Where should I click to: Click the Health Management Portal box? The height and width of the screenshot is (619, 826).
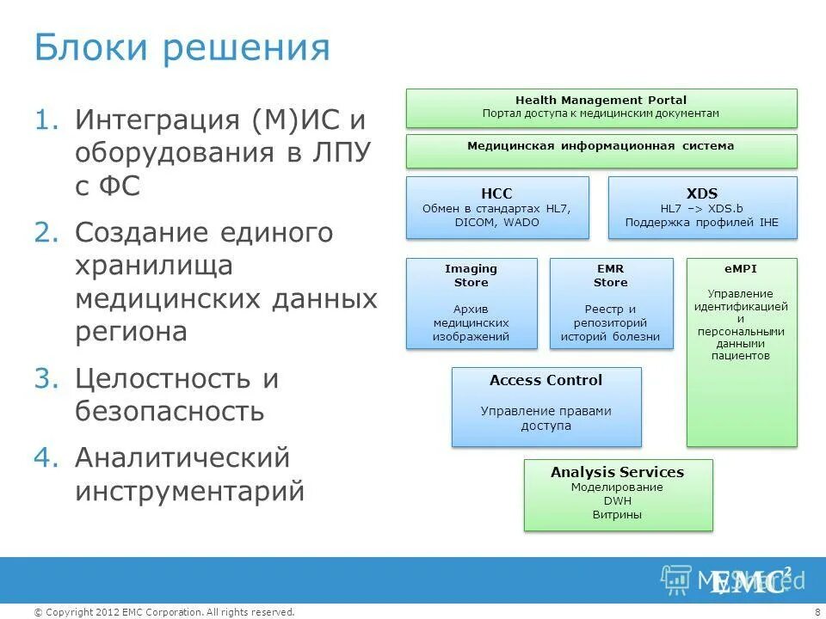pos(601,107)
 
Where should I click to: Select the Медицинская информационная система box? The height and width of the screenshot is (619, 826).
pos(601,150)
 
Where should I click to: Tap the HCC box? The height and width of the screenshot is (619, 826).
pos(497,207)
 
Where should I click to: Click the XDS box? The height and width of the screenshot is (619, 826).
pos(702,207)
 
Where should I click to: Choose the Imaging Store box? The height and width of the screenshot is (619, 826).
pos(471,303)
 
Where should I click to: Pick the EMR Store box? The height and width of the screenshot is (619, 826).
pos(611,303)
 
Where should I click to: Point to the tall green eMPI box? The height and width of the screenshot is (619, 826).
pos(742,352)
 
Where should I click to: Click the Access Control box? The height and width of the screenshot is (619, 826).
pos(546,407)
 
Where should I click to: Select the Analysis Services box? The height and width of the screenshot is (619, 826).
pos(618,494)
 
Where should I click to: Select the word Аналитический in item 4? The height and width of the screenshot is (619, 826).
pos(182,458)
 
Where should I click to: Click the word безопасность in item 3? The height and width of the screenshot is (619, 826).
pos(170,412)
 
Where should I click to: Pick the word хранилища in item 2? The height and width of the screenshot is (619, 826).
pos(154,267)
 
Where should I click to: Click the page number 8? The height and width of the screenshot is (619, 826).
pos(816,612)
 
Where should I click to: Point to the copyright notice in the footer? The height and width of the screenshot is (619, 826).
pos(163,612)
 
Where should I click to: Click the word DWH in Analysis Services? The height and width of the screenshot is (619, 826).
pos(617,501)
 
